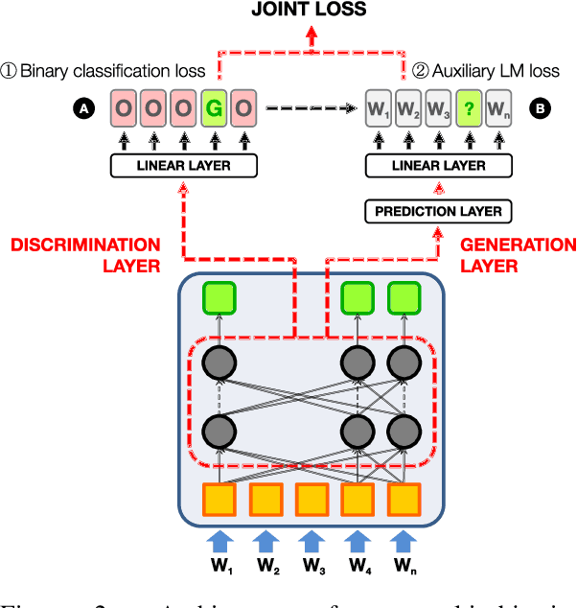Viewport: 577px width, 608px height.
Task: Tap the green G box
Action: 216,108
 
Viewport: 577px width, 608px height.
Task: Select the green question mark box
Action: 468,108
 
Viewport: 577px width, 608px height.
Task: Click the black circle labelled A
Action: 84,109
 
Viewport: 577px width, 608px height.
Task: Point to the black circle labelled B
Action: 541,109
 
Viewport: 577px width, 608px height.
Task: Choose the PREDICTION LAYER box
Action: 438,210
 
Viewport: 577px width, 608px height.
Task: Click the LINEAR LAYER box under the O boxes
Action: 185,167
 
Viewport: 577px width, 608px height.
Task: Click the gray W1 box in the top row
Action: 379,108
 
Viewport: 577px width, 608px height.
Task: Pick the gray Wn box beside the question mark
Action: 497,108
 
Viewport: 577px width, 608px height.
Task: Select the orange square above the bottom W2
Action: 266,499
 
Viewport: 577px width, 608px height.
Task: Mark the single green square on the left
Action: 219,299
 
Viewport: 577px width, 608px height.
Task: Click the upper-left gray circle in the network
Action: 219,363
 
